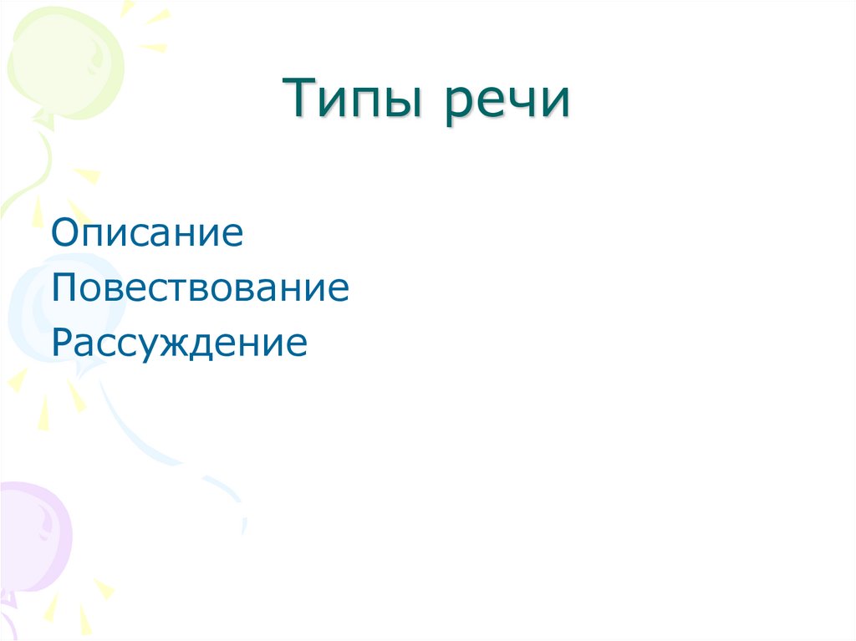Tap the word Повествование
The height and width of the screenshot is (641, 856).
click(200, 287)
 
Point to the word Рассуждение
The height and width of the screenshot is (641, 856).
click(179, 343)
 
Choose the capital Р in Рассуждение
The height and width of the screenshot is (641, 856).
click(62, 343)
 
